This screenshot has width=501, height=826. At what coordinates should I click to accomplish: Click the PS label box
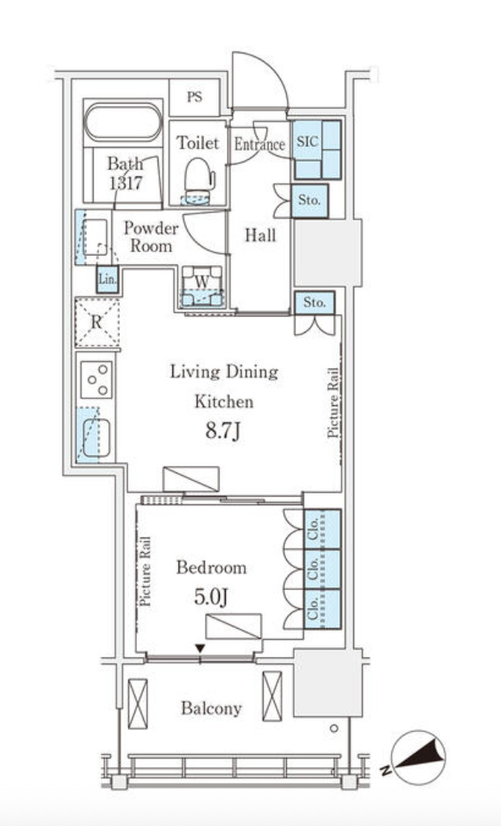click(194, 97)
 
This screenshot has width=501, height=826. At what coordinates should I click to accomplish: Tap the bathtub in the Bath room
click(124, 121)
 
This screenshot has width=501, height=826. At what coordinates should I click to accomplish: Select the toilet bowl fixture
click(198, 176)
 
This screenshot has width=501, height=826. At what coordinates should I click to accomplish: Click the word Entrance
click(260, 145)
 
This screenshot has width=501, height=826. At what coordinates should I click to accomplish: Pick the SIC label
click(307, 142)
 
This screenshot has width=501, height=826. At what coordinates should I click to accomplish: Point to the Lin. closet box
click(107, 280)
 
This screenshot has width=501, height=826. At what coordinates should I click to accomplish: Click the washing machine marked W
click(202, 286)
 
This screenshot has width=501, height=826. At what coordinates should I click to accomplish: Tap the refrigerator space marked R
click(97, 323)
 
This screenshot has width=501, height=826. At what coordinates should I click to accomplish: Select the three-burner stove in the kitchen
click(97, 379)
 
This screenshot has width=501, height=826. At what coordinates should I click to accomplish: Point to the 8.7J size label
click(223, 432)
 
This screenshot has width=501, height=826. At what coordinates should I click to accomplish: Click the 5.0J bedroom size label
click(211, 597)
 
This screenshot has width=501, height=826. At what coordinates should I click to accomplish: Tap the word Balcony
click(211, 708)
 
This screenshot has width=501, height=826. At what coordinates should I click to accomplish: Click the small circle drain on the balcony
click(334, 729)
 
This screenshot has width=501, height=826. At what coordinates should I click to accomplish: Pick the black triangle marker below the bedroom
click(199, 648)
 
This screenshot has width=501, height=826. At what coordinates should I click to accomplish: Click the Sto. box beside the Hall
click(309, 201)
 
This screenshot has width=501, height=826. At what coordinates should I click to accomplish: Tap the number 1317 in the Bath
click(125, 183)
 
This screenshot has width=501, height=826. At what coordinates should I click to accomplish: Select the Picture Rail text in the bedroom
click(145, 571)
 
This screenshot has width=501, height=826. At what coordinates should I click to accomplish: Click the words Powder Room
click(152, 237)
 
